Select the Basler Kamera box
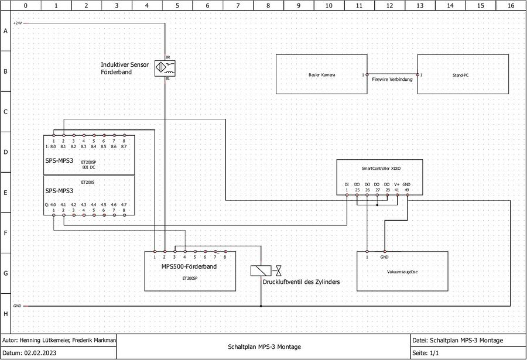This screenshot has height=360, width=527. tap(321, 74)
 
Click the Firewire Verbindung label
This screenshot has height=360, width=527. tap(392, 79)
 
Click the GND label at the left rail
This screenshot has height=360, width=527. tap(17, 306)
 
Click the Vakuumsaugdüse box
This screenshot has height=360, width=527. tap(402, 272)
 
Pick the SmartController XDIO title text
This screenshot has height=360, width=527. tap(377, 168)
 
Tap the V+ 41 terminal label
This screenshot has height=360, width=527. tap(397, 187)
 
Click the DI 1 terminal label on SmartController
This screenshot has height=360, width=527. tap(347, 187)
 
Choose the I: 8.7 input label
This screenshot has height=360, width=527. tap(124, 147)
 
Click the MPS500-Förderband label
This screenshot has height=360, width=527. tap(189, 267)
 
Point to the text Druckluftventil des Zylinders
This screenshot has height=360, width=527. tap(301, 282)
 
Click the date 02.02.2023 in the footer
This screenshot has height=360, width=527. tap(42, 354)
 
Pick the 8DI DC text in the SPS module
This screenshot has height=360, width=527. tap(88, 167)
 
